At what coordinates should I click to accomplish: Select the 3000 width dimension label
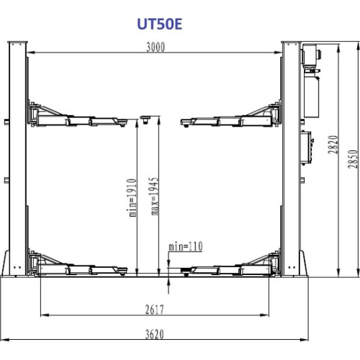click(155, 48)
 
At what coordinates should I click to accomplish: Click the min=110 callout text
click(185, 246)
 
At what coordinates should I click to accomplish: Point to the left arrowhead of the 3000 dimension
click(32, 53)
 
